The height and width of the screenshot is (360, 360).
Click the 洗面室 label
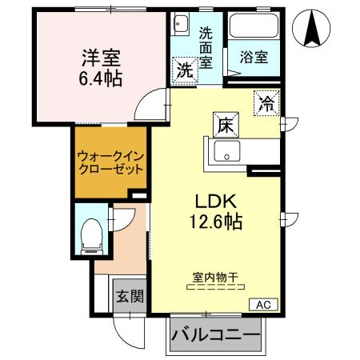[206, 47]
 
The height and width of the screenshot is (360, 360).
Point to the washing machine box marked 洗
[184, 70]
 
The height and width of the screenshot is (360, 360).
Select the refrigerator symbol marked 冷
[266, 103]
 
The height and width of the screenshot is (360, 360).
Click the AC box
[263, 303]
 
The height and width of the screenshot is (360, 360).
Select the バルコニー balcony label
[215, 334]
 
